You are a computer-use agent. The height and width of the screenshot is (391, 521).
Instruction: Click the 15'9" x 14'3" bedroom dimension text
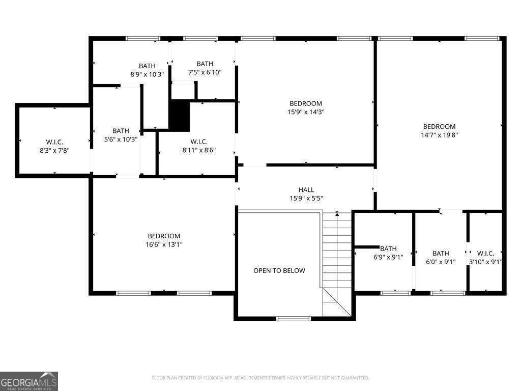pos(306,112)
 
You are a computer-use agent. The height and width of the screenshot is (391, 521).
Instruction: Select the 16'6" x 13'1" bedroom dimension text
pos(164,244)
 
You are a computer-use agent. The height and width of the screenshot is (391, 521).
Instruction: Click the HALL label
pos(306,190)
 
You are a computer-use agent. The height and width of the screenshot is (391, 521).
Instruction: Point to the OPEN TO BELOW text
pos(279,270)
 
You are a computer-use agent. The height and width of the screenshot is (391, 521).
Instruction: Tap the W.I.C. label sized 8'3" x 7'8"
pos(54,142)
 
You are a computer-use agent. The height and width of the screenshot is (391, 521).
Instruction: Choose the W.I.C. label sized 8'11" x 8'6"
pos(199,142)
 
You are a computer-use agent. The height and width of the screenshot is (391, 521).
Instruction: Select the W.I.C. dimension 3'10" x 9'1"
pos(486,262)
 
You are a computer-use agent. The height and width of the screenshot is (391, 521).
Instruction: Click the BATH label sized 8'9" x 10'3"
pos(147,66)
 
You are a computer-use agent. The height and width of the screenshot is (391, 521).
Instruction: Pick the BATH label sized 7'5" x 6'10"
pos(205,64)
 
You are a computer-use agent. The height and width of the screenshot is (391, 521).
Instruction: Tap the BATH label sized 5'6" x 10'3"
pos(121,131)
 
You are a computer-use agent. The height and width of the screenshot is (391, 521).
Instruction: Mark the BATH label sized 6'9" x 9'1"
pos(388,248)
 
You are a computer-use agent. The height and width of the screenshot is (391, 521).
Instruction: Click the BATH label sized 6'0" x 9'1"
pos(441,254)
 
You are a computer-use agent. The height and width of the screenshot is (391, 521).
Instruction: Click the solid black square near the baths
pos(179,116)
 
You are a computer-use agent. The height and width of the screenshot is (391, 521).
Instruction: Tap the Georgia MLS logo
pos(29,381)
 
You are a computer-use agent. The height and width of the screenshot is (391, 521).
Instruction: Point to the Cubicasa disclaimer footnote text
pos(260,378)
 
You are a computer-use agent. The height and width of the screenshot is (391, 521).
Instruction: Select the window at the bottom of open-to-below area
pos(293,319)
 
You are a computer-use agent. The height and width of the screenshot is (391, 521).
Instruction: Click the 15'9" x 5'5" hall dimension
pos(306,199)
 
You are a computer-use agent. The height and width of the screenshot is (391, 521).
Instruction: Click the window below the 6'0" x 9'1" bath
pos(448,293)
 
